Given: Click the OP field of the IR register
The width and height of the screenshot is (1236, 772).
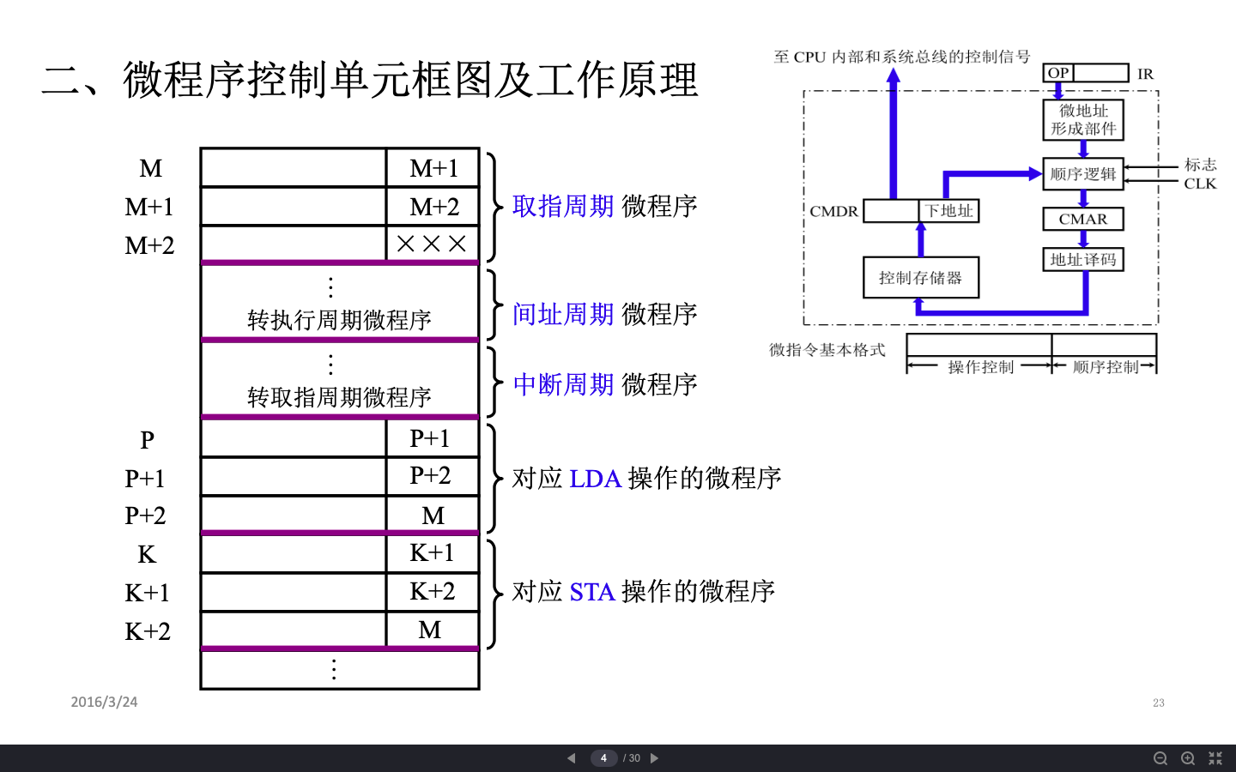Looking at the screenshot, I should pos(1058,73).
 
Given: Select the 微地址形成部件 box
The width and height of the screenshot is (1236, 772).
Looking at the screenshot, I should pos(1083,119).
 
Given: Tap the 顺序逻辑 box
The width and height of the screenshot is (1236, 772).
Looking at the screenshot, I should pos(1083,174).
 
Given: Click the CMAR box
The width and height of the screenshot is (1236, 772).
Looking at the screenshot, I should pos(1083,219).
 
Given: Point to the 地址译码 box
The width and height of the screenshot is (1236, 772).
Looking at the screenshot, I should pos(1083,259).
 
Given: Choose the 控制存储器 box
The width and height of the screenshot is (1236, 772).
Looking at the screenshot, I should pos(920,278).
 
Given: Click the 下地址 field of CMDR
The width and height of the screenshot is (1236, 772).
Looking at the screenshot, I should pos(949,211).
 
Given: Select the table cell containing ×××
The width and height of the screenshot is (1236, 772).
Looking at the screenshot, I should pos(432,244).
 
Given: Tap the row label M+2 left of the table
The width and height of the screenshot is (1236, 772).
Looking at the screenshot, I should pos(149,245).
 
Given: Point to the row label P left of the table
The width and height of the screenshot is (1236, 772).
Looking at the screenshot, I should pos(148,440).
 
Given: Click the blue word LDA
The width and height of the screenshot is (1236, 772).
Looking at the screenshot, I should pos(595,479).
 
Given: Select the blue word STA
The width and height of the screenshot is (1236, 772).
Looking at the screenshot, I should pos(592,592).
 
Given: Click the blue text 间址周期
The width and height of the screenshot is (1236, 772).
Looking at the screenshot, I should pos(563,314).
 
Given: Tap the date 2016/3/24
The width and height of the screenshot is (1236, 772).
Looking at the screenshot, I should pos(104,702).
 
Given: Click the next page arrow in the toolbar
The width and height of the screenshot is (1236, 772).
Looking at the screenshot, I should pos(654,758).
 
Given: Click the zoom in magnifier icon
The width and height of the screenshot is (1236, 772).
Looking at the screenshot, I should pos(1188,758).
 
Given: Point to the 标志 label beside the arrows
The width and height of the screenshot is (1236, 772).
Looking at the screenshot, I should pos(1200,165).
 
